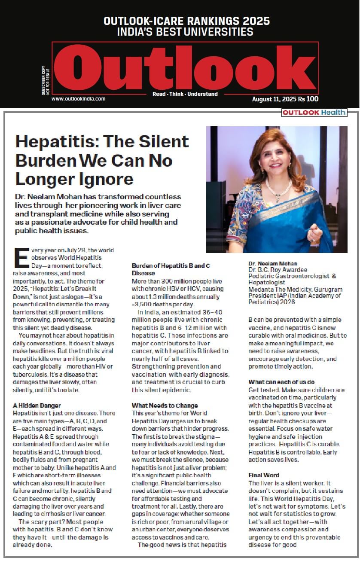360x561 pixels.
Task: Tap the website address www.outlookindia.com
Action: tap(78, 99)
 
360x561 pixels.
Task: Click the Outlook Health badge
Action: tap(314, 113)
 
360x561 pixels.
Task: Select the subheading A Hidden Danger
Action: tap(37, 406)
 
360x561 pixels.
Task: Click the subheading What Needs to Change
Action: tap(165, 406)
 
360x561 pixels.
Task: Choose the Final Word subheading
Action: tap(264, 475)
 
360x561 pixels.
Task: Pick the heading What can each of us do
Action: tap(281, 382)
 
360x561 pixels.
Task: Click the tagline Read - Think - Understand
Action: tap(185, 94)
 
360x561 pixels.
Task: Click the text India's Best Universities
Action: tap(185, 32)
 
